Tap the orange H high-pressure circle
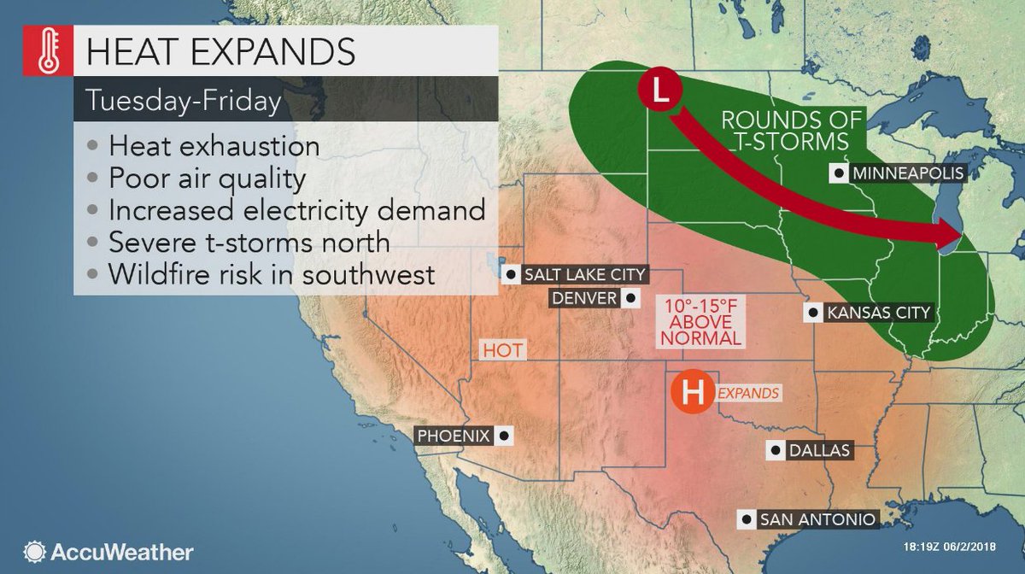pos(691,393)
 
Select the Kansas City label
pos(877,313)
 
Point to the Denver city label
pos(585,298)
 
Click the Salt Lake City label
pos(585,274)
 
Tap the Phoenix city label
pos(454,436)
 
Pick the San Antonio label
pos(817,518)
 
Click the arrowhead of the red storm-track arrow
pos(949,236)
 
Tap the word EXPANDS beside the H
pos(749,394)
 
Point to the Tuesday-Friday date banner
pos(183,101)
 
